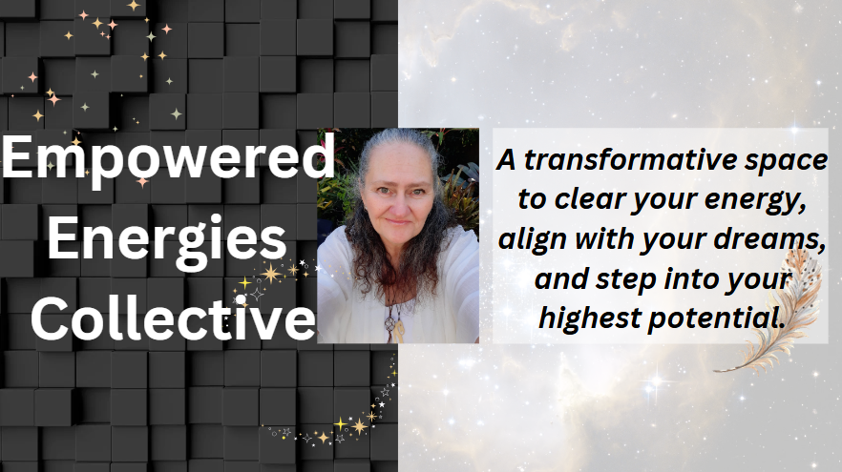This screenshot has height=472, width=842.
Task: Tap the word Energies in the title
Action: click(x=167, y=239)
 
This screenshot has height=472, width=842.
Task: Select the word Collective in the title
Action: click(x=173, y=318)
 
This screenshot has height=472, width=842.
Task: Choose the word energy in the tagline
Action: click(x=755, y=200)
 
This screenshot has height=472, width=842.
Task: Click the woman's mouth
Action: click(x=398, y=221)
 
